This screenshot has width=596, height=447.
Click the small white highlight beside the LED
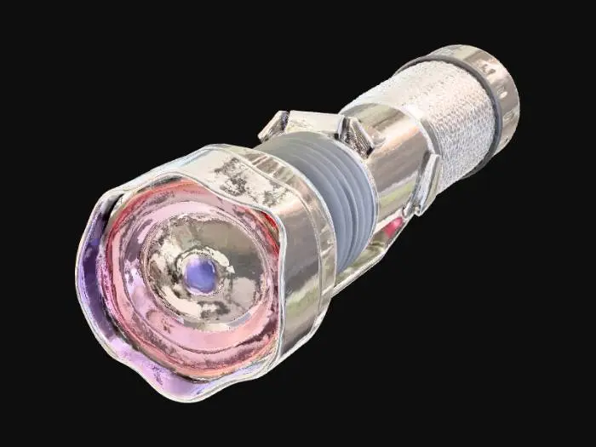tap(228, 270)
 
